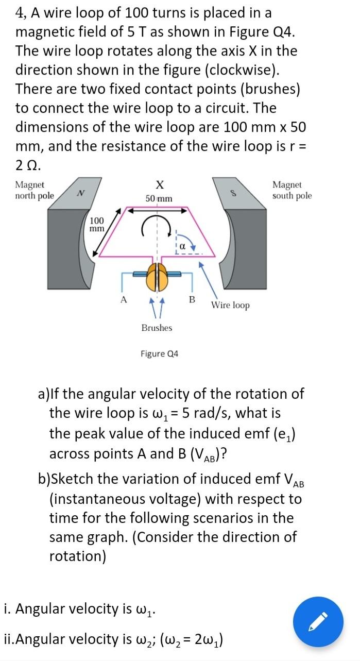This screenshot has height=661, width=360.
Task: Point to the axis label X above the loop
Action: click(159, 184)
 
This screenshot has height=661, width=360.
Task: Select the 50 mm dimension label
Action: click(159, 199)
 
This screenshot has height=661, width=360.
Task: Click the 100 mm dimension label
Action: click(97, 224)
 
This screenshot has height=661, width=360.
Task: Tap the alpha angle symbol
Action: click(181, 246)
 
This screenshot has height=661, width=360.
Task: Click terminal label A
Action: click(123, 298)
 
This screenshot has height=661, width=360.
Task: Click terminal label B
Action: click(192, 299)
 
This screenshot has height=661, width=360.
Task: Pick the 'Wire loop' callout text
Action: click(230, 306)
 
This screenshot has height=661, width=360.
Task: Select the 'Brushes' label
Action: click(157, 328)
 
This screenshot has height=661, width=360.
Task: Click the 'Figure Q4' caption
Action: click(160, 354)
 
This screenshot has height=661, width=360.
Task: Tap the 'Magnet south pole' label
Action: click(292, 190)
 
